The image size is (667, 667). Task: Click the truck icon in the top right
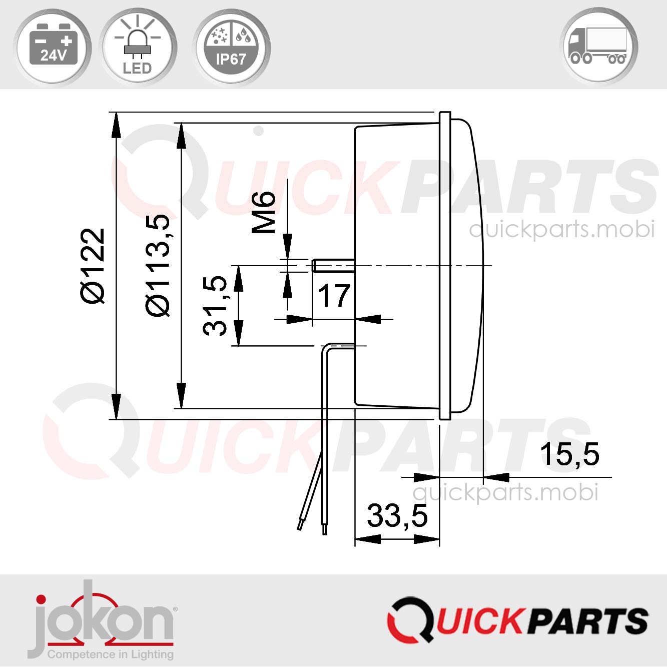point(599,46)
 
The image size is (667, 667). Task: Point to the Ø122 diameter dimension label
point(93,266)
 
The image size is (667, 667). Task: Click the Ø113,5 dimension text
point(158,266)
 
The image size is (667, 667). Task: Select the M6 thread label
point(264,212)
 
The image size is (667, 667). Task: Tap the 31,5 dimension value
point(215,305)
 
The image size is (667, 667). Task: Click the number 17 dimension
point(334,296)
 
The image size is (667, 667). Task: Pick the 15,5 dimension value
point(569,454)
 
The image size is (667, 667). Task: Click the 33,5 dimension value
point(397,516)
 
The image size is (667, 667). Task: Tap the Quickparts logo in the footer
point(517,620)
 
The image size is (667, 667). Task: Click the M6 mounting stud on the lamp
point(333,265)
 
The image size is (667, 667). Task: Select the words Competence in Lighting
point(110,654)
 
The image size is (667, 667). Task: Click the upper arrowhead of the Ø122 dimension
point(116,125)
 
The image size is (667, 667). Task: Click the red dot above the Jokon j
point(41,600)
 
